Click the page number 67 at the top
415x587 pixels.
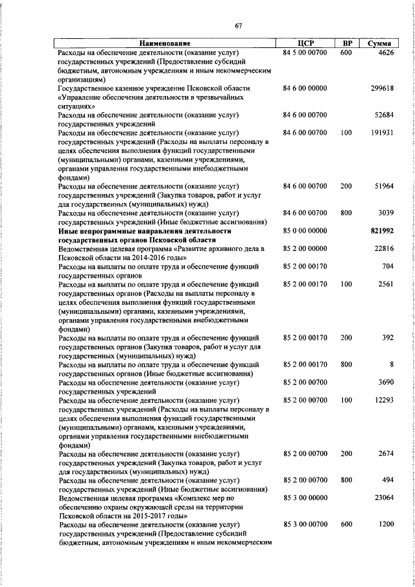[238, 26]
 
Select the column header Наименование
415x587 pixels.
[164, 43]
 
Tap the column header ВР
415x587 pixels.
[347, 43]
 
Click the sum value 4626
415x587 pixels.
[384, 52]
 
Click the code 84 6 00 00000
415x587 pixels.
[305, 88]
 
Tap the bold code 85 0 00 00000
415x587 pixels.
[305, 230]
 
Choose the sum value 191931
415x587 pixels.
[381, 132]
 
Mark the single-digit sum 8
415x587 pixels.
[392, 365]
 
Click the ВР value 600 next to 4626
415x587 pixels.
[346, 52]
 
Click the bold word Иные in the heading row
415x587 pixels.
[69, 230]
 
